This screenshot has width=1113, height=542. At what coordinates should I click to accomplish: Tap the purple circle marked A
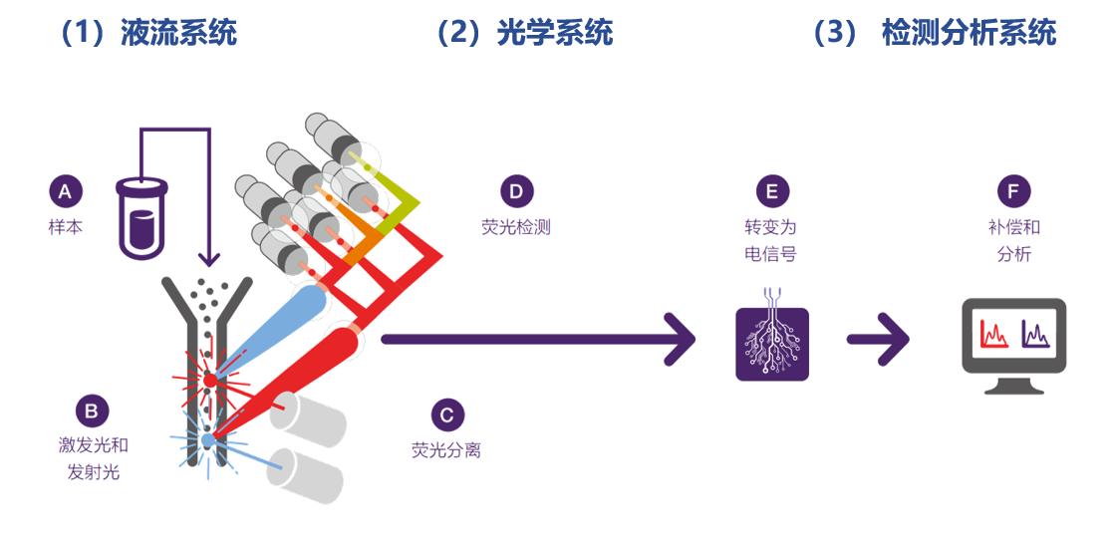tap(66, 191)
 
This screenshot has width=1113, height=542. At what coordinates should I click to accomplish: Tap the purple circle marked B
tap(92, 410)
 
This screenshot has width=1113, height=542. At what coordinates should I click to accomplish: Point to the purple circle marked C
tap(447, 414)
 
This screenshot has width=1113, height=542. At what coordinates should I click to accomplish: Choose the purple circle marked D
tap(515, 191)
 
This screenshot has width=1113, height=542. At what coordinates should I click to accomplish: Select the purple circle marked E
tap(772, 191)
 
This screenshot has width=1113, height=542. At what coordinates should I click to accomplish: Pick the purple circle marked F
tap(1013, 191)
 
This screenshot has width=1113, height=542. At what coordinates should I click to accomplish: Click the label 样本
tap(66, 227)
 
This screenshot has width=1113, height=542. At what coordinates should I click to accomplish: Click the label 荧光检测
tap(515, 227)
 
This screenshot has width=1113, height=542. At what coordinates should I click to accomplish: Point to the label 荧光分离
tap(446, 450)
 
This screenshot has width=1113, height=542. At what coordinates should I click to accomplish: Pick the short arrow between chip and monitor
tap(878, 340)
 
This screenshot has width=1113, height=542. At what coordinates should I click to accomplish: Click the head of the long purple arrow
tap(681, 340)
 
